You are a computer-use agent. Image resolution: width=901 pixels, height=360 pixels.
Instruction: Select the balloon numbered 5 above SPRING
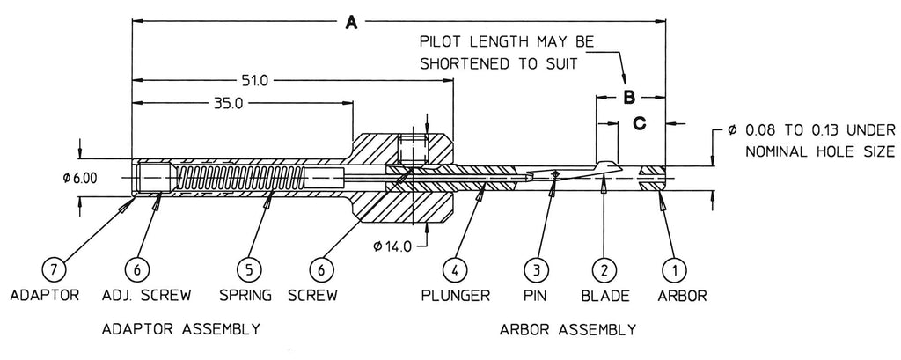click(x=249, y=268)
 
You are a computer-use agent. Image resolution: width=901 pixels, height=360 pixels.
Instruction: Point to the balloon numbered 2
click(x=604, y=268)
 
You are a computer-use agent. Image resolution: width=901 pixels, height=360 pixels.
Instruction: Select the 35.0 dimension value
click(x=226, y=103)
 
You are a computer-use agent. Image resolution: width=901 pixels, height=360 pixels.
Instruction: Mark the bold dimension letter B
click(x=629, y=98)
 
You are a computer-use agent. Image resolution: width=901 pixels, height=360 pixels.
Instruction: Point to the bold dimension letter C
click(x=640, y=123)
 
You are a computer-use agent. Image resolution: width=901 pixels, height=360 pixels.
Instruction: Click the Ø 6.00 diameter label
click(x=79, y=178)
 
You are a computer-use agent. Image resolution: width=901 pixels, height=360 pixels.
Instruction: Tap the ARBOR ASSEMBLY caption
click(x=567, y=330)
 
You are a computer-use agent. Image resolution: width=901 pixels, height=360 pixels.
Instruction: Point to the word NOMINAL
click(x=780, y=151)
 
